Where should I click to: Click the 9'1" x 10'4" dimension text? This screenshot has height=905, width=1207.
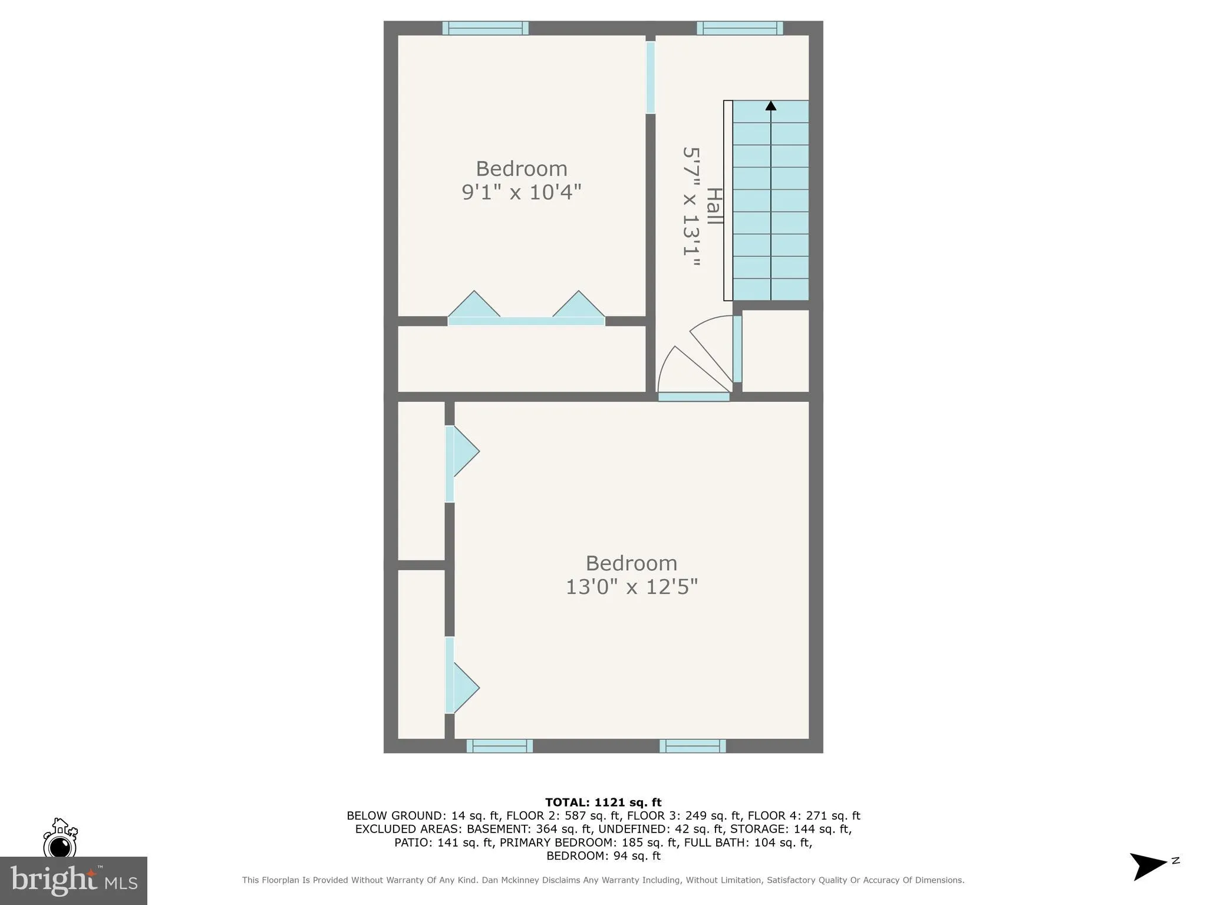[521, 192]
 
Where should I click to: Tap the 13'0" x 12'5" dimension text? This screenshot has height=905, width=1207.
[631, 587]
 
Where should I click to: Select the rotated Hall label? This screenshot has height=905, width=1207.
[714, 206]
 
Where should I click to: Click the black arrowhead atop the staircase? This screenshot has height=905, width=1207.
[770, 106]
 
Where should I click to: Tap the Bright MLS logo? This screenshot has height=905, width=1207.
[73, 880]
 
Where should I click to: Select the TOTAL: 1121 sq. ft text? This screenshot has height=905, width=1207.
[603, 802]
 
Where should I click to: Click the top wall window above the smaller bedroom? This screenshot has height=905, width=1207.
[485, 28]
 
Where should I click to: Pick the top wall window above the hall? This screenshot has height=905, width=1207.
[740, 28]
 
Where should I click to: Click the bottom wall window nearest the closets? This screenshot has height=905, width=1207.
[499, 746]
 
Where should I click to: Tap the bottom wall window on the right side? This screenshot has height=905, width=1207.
[692, 746]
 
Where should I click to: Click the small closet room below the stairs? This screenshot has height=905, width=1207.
[774, 350]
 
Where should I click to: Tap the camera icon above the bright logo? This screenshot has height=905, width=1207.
[60, 840]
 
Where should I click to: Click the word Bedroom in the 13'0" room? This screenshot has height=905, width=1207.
[631, 563]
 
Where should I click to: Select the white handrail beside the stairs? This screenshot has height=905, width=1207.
[728, 200]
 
